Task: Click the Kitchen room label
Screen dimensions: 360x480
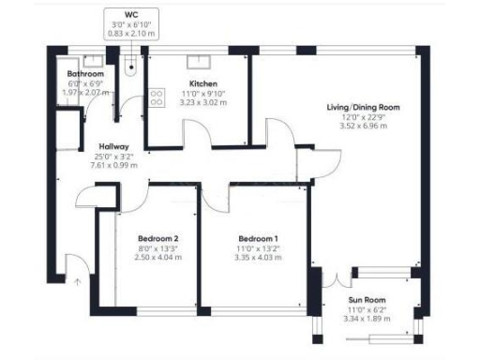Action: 196,82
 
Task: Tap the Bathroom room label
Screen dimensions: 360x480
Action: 85,74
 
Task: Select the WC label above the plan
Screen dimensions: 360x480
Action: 130,15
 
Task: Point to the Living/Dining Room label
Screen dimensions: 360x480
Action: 363,108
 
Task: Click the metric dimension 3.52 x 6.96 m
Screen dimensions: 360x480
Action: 363,127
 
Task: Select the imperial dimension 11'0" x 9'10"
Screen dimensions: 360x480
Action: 196,92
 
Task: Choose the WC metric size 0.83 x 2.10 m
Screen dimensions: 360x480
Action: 130,33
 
